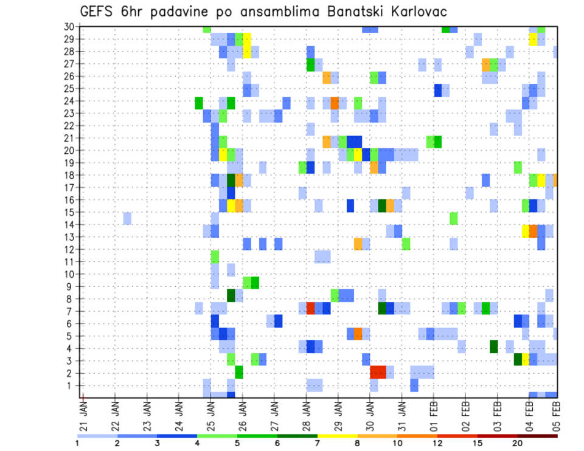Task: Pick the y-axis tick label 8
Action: click(70, 298)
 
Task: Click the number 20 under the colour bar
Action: click(517, 442)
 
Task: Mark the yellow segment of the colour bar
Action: click(338, 435)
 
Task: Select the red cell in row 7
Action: click(311, 308)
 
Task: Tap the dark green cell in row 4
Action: click(493, 346)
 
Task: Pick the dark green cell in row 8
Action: click(231, 295)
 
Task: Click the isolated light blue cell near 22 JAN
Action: click(127, 218)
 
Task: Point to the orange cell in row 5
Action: click(358, 333)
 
